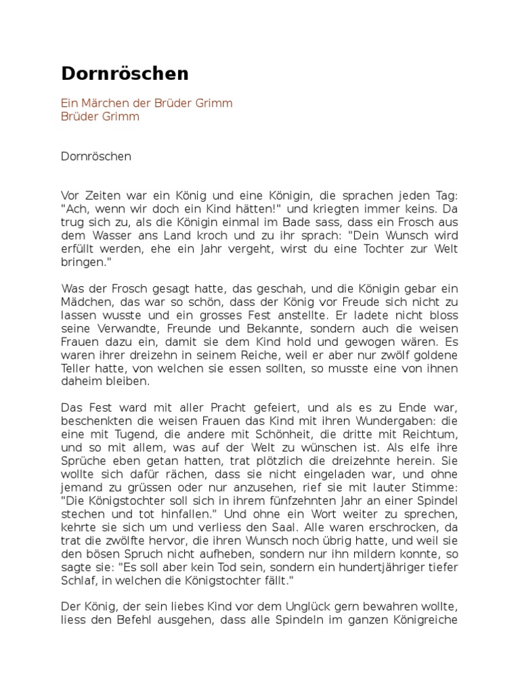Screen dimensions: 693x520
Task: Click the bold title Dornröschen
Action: click(x=125, y=74)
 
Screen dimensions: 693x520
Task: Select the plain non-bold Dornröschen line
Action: click(x=96, y=156)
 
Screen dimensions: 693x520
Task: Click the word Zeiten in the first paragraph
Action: click(x=103, y=195)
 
